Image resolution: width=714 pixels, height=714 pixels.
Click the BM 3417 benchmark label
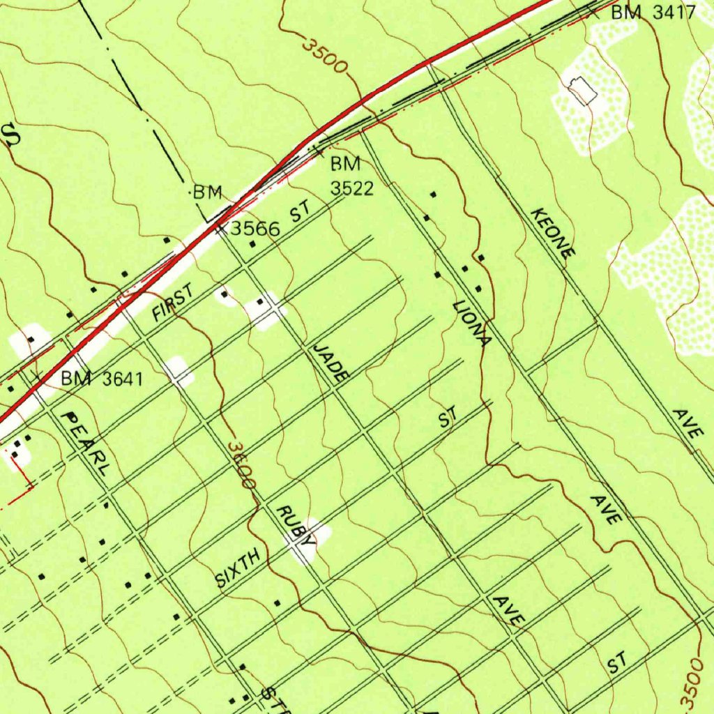(653, 12)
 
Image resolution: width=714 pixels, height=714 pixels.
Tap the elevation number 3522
(352, 188)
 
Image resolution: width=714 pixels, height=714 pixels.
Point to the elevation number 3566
(255, 228)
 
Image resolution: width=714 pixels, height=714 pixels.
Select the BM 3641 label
(102, 379)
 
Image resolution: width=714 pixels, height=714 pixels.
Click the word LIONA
(472, 324)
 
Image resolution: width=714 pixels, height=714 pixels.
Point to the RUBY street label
(296, 524)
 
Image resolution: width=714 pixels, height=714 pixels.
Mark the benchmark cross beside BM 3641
(39, 377)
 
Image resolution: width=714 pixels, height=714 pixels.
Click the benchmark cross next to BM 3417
(593, 10)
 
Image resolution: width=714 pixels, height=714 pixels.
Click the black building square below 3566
(252, 245)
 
